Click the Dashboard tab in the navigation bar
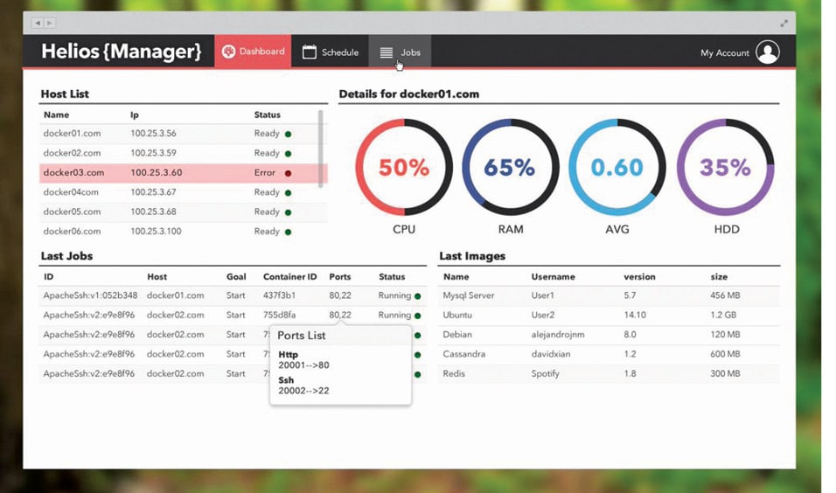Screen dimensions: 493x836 click(x=253, y=52)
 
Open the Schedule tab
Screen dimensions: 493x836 click(x=331, y=52)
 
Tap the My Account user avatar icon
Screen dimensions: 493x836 click(x=767, y=52)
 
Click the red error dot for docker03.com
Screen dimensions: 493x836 click(x=288, y=173)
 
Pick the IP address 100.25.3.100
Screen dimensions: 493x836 click(x=156, y=232)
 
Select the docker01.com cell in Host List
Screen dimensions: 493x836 click(x=72, y=134)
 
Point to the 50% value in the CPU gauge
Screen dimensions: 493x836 click(x=404, y=167)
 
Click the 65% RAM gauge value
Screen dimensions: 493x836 click(x=511, y=167)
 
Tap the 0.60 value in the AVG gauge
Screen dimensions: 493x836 click(x=617, y=167)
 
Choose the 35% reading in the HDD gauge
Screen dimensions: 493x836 click(x=725, y=167)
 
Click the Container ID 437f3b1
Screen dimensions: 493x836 click(x=279, y=295)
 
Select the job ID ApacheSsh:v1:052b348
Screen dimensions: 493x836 click(x=90, y=295)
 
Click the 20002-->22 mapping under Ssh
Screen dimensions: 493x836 click(x=303, y=391)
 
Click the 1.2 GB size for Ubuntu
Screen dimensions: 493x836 click(x=723, y=315)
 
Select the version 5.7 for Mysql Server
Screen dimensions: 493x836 click(x=630, y=295)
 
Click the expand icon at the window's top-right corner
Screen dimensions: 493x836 click(x=784, y=23)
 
